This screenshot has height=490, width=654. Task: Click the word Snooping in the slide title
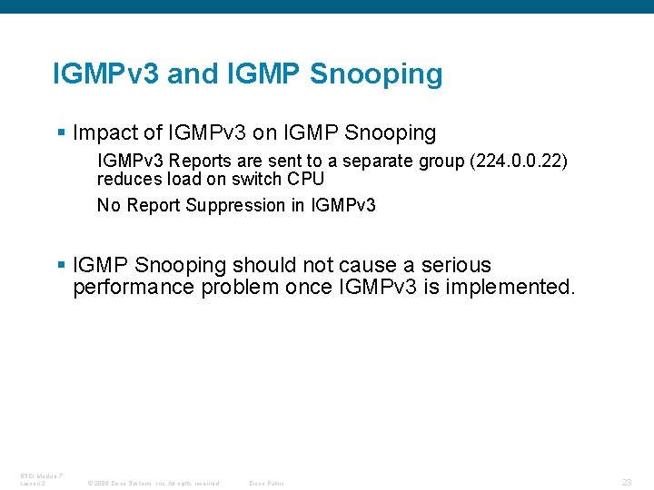tap(376, 74)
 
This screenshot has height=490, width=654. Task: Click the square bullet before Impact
tap(61, 133)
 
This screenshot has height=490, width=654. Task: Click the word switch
tap(264, 179)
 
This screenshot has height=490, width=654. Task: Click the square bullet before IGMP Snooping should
tap(61, 266)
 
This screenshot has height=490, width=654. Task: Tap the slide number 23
tap(627, 482)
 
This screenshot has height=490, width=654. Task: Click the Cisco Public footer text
tap(266, 483)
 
